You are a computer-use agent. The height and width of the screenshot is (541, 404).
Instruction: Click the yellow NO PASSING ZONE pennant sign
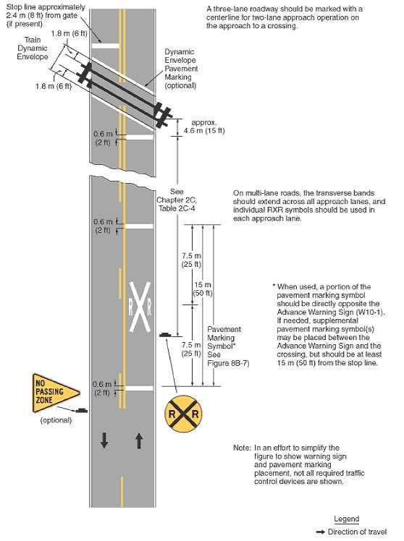(51, 393)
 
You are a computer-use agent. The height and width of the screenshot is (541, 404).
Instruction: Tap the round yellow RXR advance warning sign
(182, 414)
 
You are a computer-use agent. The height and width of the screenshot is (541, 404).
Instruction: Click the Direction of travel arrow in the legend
(340, 532)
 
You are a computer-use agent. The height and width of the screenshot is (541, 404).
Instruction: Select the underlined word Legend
(346, 519)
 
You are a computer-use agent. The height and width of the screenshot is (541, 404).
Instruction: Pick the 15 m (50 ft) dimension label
(204, 288)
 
